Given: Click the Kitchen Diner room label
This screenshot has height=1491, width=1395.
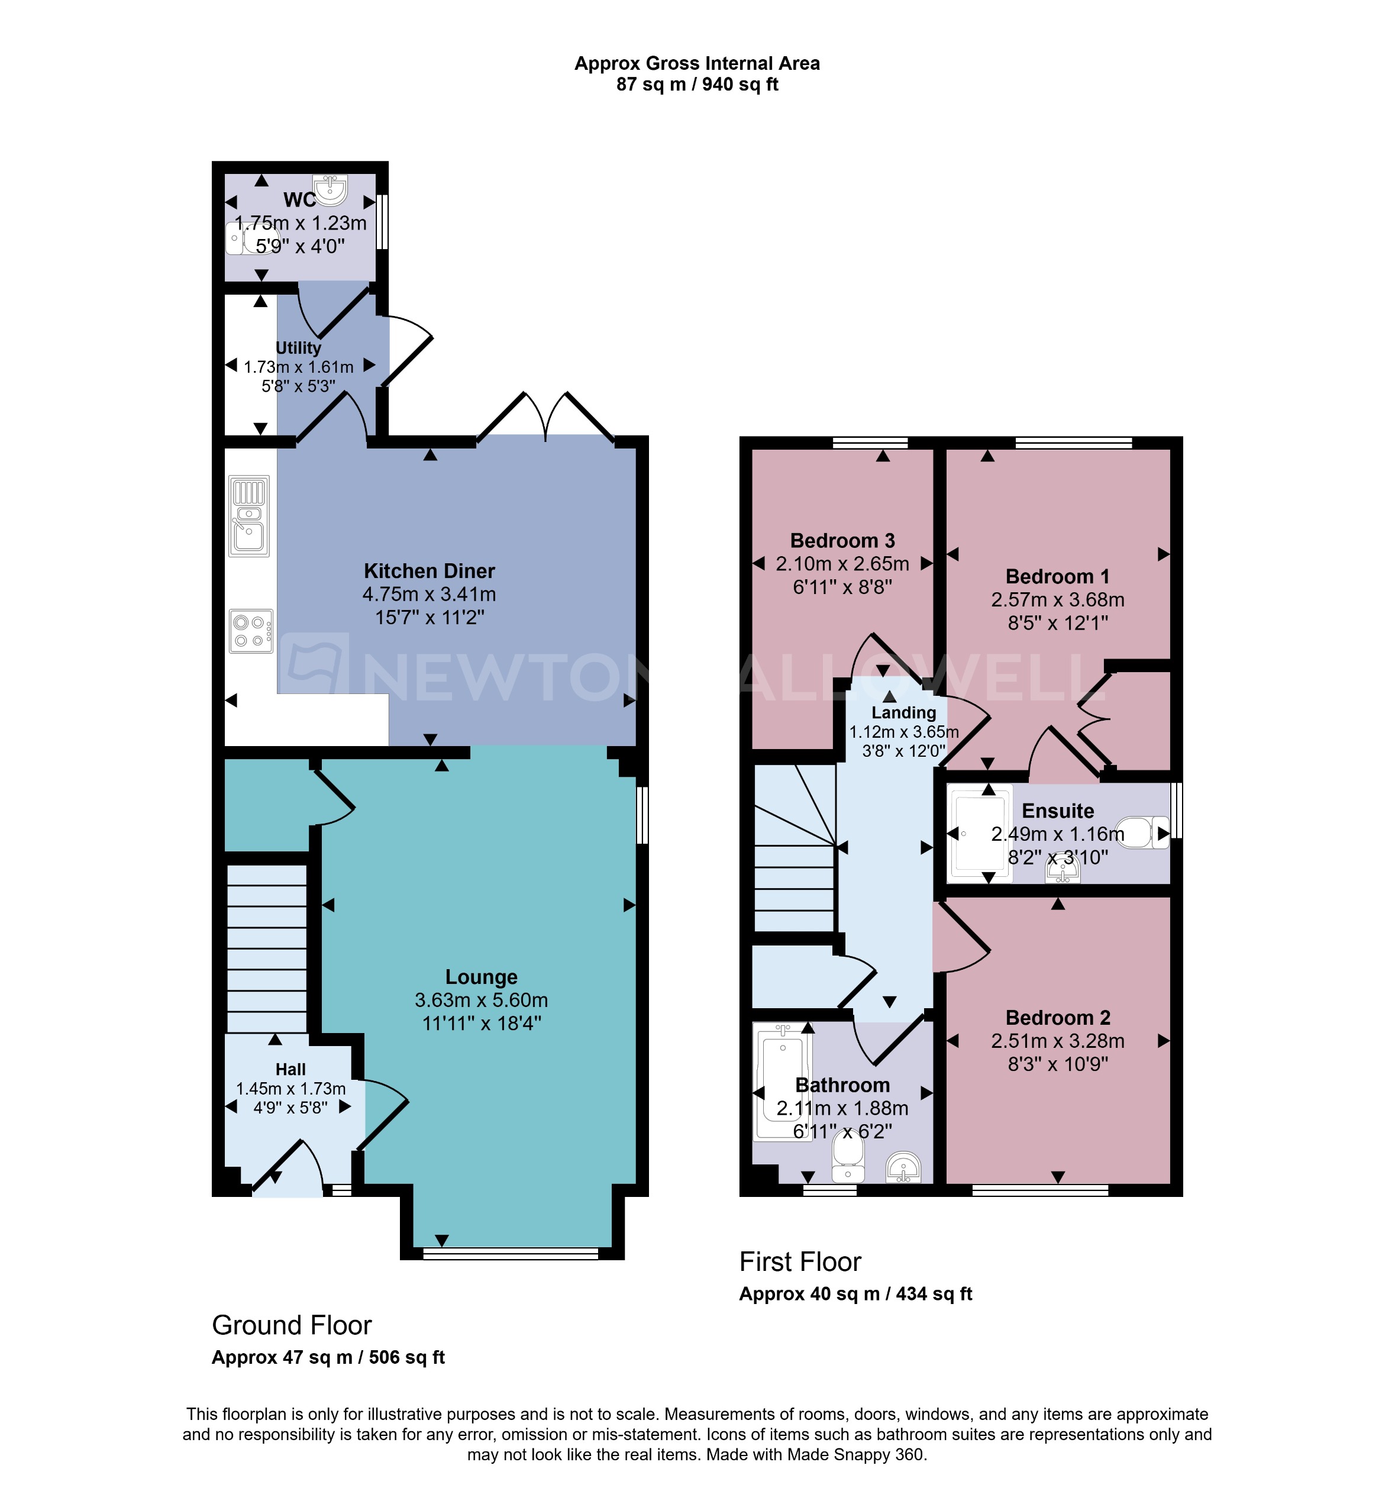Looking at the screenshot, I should point(429,571).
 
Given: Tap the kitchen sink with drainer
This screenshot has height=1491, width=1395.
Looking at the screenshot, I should point(249,516).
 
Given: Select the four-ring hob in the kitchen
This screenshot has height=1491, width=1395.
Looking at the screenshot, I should point(250,631).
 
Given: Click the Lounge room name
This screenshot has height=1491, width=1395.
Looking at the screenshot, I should point(481,976).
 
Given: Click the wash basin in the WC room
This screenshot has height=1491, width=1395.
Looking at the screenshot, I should point(331,189).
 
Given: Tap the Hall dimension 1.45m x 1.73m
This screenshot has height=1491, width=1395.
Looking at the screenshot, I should point(291,1088).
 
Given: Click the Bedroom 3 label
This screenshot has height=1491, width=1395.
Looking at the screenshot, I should point(842,540).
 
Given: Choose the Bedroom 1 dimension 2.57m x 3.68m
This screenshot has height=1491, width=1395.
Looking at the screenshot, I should point(1058,599).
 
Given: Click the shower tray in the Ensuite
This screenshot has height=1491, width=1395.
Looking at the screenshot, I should point(978,833).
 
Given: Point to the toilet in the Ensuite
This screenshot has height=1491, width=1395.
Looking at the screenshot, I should point(1144,833).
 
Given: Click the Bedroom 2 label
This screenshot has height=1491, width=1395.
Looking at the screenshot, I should point(1058,1017).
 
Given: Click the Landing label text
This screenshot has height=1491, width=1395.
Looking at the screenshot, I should point(904,712).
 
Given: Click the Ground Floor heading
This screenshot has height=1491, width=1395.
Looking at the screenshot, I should point(292,1325).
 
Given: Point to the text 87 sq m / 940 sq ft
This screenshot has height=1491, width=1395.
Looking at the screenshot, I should point(697,85).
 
